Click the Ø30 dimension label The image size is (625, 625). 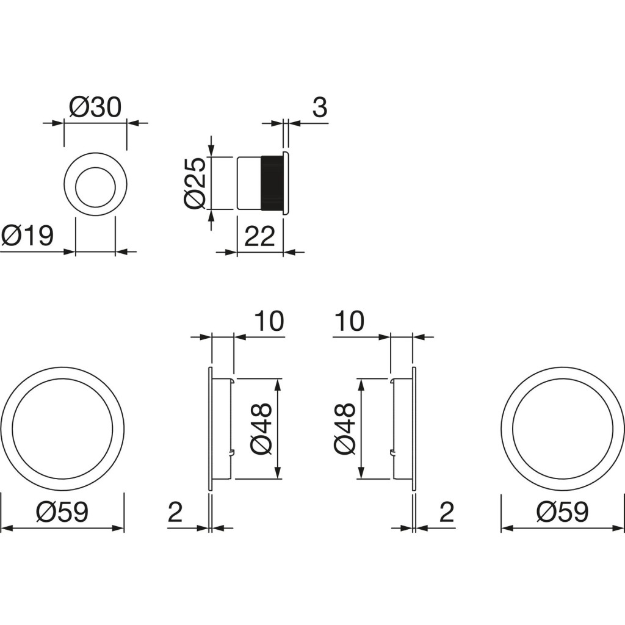pos(95,107)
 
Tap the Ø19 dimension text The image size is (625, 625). pos(27,236)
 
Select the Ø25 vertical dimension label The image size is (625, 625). pos(195,183)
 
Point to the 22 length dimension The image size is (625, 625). pos(259,236)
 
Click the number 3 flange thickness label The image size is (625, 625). pos(320,107)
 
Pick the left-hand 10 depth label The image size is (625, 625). pos(269,321)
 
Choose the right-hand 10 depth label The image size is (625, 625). pos(350,321)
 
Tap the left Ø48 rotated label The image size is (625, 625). pos(261,428)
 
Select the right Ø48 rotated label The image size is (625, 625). pos(345,428)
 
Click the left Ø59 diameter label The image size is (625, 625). pos(62,512)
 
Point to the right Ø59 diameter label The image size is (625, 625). pos(562,512)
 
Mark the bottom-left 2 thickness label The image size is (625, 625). pos(175,512)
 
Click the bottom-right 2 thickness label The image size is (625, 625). pos(446,512)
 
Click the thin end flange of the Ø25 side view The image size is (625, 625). pos(285,183)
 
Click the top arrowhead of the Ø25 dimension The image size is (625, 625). pos(211,151)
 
